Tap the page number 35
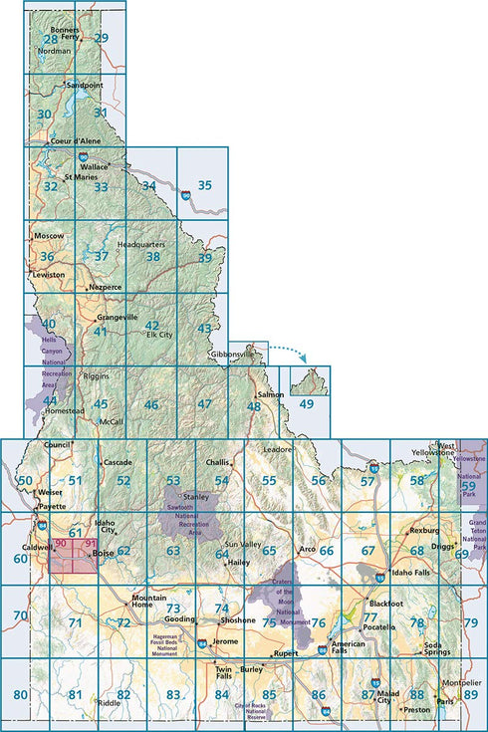tap(204, 184)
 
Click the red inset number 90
tap(61, 543)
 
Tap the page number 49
tap(306, 403)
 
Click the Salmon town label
tap(271, 395)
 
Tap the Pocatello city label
tap(378, 629)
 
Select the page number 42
tap(151, 325)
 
